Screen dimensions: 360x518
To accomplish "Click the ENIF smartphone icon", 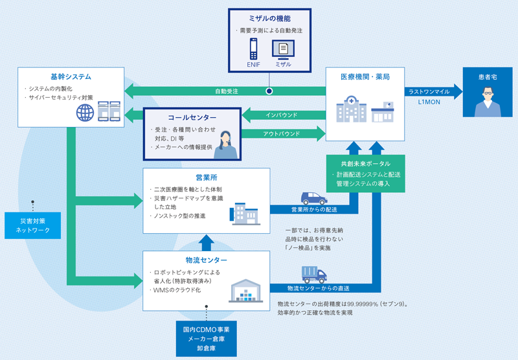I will pos(253,49).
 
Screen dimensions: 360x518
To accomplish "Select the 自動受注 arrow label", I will pos(227,91).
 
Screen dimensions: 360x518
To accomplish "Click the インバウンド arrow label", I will pos(282,115).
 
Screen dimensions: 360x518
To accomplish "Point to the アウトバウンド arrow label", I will pos(282,134).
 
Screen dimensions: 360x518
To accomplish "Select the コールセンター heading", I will pos(192,118).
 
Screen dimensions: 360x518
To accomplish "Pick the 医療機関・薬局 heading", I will pos(365,77).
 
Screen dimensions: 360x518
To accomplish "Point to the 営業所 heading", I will pos(205,177).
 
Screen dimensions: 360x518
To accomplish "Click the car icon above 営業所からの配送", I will pos(313,197).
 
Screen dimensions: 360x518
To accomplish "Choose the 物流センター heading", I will pos(205,260).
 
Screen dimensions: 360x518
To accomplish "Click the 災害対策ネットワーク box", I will pos(32,224).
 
